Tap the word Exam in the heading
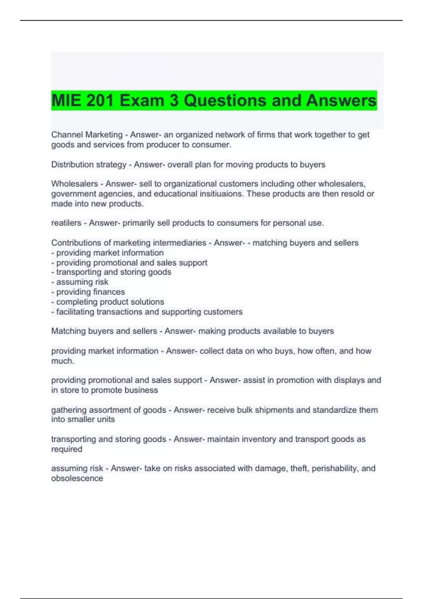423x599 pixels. click(x=142, y=100)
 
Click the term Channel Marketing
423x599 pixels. click(x=87, y=135)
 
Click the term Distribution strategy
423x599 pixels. click(x=89, y=165)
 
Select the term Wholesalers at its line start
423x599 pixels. click(x=74, y=184)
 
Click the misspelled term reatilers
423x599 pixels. click(x=66, y=223)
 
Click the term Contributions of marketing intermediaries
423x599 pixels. click(x=129, y=242)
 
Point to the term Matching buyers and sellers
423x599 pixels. click(x=104, y=331)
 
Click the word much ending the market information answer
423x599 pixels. click(x=62, y=361)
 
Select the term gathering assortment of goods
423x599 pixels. click(x=109, y=410)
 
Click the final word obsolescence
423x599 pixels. click(x=77, y=478)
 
